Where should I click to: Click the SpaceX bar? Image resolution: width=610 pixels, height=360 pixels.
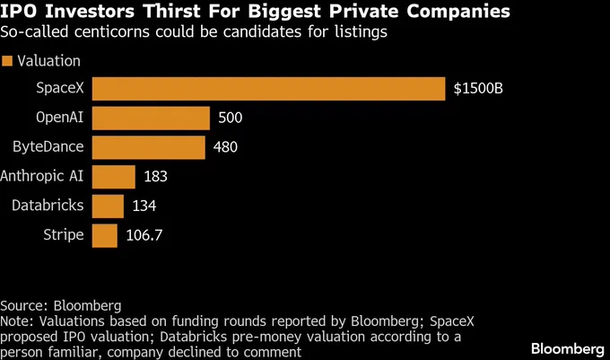coord(269,89)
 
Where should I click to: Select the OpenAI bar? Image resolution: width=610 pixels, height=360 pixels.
coord(151,119)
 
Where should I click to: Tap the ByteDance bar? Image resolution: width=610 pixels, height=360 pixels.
coord(149,147)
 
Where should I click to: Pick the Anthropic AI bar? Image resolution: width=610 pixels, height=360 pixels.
coord(114,177)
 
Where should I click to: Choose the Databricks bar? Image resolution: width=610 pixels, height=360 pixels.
coord(108,206)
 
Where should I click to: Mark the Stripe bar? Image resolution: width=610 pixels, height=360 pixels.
coord(105,235)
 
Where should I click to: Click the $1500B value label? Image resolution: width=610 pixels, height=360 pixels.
coord(480,89)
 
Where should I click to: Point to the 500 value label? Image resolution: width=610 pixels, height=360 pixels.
coord(231,119)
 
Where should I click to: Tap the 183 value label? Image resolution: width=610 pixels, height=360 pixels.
coord(155,177)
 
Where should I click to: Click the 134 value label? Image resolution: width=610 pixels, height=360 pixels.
coord(144,206)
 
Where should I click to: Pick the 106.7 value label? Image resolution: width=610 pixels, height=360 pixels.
coord(144,235)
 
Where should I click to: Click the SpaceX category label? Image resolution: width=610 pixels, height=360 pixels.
coord(60,89)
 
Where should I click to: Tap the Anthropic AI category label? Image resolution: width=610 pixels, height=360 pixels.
coord(43,176)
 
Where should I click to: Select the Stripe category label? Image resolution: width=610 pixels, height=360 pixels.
coord(64,235)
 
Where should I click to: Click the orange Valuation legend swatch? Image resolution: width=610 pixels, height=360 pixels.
coord(8,61)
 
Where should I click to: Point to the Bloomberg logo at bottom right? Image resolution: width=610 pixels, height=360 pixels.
coord(566,347)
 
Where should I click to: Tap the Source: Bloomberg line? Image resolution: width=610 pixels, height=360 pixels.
coord(60,305)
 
